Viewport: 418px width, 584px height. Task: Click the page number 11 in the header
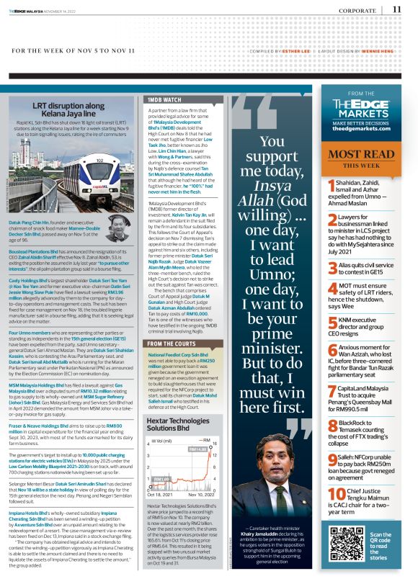coord(397,9)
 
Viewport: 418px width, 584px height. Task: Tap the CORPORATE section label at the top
coord(357,10)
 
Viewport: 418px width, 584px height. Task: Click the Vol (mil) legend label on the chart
coord(161,439)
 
